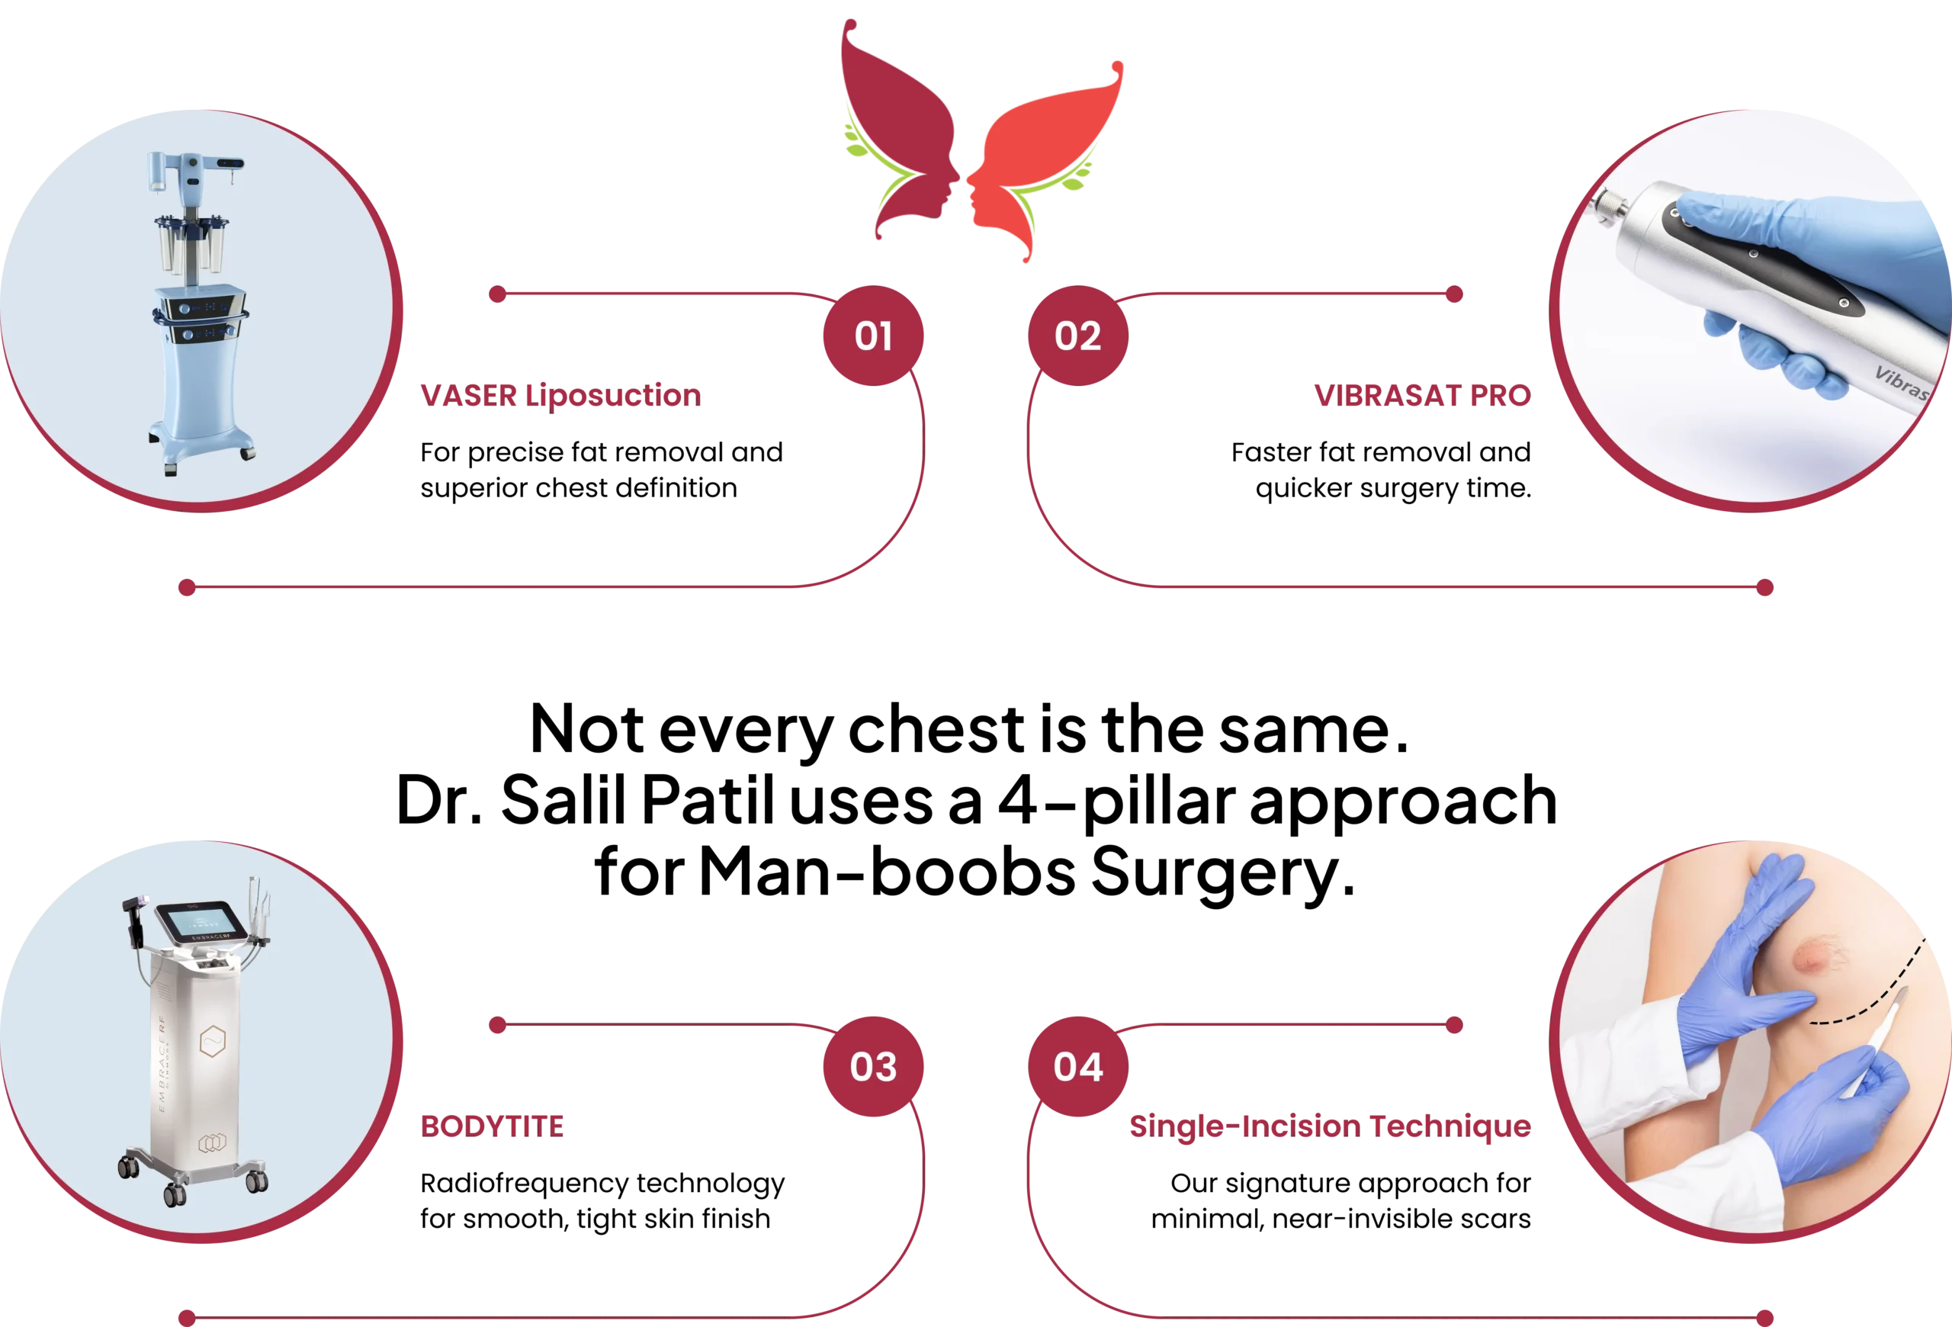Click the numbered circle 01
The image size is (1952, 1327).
click(873, 336)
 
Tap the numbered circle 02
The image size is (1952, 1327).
click(1077, 336)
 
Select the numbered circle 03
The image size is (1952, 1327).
click(873, 1067)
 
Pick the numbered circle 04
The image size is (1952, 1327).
click(1077, 1067)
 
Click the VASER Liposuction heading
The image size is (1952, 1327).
click(560, 395)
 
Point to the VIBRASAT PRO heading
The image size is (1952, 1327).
click(1422, 395)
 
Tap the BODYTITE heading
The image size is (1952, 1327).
click(493, 1126)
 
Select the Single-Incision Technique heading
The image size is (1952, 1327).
click(1329, 1126)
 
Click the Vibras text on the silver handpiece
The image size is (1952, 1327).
click(1900, 382)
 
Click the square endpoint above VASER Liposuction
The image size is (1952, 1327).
click(497, 294)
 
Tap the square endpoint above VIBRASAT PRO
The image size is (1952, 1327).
click(1455, 294)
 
